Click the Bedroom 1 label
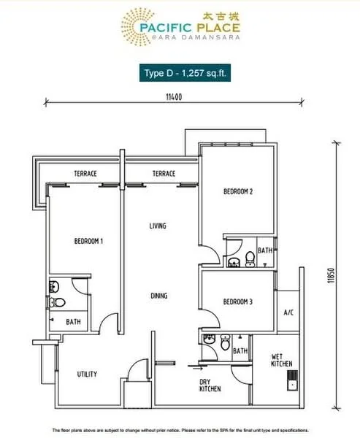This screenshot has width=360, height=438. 88,241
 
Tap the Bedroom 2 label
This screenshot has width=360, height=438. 238,191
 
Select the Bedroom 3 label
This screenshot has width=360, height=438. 238,301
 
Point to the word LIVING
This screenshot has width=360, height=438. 158,226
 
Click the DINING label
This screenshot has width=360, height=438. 159,296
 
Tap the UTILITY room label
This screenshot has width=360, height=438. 87,374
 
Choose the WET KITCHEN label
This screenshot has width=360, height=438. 282,360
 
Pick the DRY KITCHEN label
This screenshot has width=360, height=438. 210,385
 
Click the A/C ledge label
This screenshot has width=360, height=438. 288,312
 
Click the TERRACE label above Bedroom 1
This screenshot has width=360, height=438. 85,174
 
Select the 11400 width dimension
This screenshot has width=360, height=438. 174,97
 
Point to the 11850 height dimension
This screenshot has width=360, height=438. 331,276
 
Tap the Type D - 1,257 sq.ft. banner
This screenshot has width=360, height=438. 185,73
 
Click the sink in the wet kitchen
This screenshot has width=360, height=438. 292,380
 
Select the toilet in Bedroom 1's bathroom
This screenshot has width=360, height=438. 57,302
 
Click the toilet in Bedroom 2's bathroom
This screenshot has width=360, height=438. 250,259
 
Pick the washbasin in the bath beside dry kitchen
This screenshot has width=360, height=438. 210,339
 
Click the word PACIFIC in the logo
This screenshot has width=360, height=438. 166,28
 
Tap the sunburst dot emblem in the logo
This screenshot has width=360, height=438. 138,26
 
